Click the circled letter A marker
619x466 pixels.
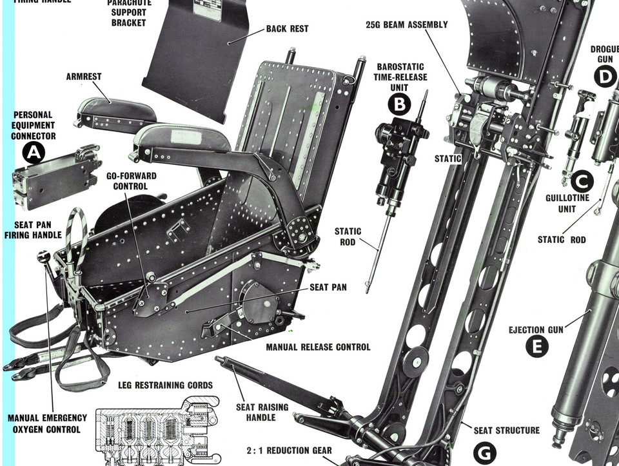pyautogui.click(x=32, y=153)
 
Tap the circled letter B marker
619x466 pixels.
pyautogui.click(x=400, y=104)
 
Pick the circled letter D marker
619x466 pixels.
pyautogui.click(x=604, y=77)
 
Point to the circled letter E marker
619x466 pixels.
pyautogui.click(x=536, y=347)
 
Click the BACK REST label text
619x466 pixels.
pyautogui.click(x=287, y=29)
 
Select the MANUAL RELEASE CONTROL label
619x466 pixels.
pyautogui.click(x=318, y=347)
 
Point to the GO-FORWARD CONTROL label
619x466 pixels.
pyautogui.click(x=132, y=181)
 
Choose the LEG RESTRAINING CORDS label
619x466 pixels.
pyautogui.click(x=165, y=385)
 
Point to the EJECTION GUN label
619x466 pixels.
pyautogui.click(x=536, y=329)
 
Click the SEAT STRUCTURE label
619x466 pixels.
pyautogui.click(x=507, y=430)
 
